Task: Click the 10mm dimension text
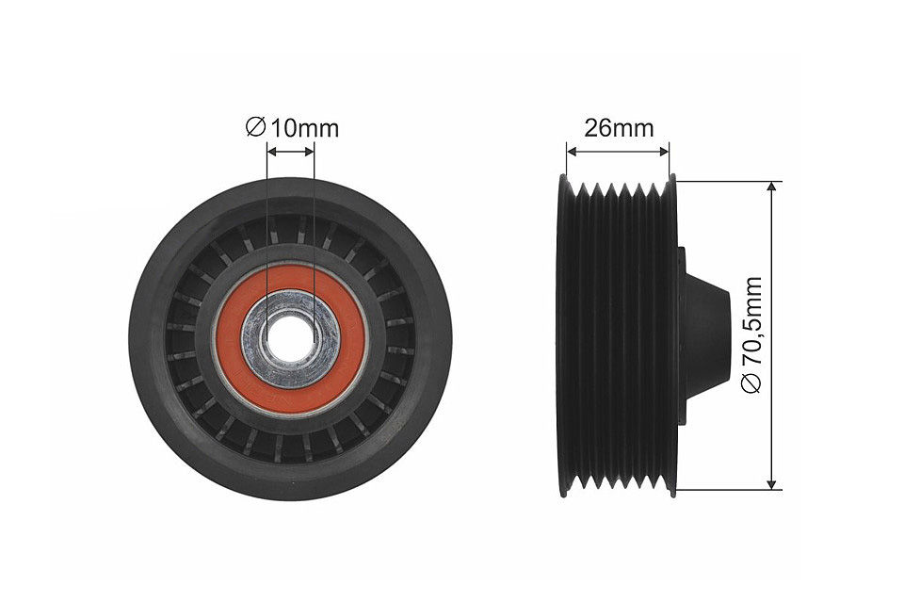click(304, 128)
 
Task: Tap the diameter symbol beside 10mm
click(255, 128)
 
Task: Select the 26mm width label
click(618, 128)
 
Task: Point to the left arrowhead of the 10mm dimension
click(271, 150)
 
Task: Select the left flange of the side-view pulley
click(563, 334)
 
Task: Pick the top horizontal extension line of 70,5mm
click(730, 181)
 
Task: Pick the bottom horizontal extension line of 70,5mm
click(730, 490)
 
